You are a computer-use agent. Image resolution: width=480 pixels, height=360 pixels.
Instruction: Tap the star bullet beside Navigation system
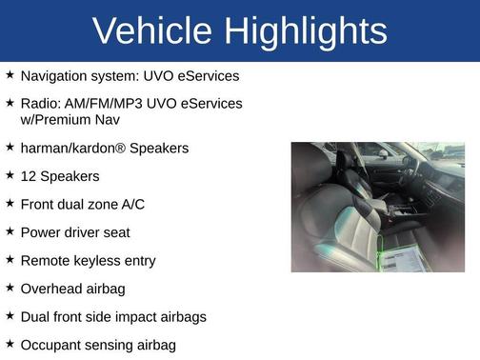click(x=10, y=74)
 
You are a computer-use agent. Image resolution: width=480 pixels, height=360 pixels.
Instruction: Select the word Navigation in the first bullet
click(x=55, y=75)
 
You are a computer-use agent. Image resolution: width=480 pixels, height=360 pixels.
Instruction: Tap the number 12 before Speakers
click(x=29, y=176)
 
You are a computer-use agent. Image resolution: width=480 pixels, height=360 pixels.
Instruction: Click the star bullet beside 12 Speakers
click(x=10, y=175)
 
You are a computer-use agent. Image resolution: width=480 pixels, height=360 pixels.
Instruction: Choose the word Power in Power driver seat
click(x=41, y=232)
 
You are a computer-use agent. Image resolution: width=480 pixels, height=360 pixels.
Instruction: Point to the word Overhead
click(x=51, y=289)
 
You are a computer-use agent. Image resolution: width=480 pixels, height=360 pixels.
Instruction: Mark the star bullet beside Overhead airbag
click(x=10, y=288)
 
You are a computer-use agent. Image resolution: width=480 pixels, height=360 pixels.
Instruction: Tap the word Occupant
click(x=52, y=345)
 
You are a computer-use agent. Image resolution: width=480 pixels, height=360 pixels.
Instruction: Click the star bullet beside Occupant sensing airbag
click(x=10, y=344)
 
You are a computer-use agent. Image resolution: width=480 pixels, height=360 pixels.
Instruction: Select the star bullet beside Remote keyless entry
click(x=10, y=259)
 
